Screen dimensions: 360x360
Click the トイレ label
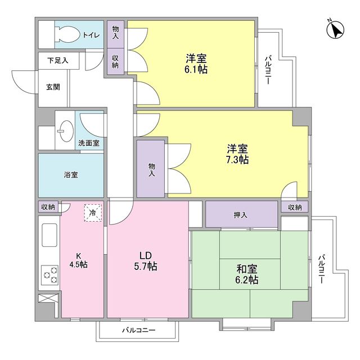pos(91,35)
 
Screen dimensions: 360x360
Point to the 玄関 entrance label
pos(53,87)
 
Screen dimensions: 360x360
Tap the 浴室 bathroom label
pos(71,175)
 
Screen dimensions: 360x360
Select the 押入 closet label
pos(241,214)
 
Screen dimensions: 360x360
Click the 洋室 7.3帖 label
pos(237,154)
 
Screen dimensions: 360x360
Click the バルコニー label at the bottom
pos(138,331)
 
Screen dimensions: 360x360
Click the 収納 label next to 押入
pos(295,208)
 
